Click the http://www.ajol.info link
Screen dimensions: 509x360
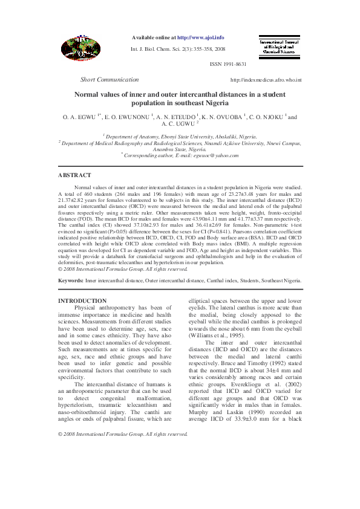[x=200, y=37]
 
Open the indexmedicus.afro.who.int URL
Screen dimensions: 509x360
[x=266, y=80]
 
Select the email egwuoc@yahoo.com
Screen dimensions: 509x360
[x=216, y=156]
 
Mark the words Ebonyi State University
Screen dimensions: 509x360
[x=182, y=137]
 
